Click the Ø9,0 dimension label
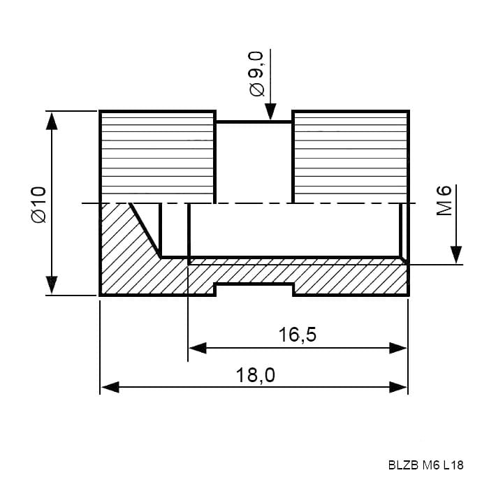(x=256, y=73)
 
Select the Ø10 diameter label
(x=39, y=205)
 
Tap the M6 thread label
(x=444, y=200)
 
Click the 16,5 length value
(x=297, y=335)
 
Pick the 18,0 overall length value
(x=256, y=375)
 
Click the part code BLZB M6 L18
(x=425, y=465)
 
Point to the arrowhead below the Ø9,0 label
(x=270, y=112)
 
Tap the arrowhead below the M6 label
(x=456, y=255)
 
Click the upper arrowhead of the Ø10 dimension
(x=52, y=121)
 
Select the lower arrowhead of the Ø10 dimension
(x=52, y=285)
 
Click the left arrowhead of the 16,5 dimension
(x=198, y=348)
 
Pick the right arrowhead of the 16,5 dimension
(x=398, y=348)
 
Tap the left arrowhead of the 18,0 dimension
(x=110, y=387)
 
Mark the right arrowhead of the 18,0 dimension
(x=398, y=387)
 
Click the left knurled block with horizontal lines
(x=157, y=157)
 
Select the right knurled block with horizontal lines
(x=350, y=157)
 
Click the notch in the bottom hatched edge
(x=254, y=289)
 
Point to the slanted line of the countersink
(x=145, y=231)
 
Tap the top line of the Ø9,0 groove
(x=254, y=122)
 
